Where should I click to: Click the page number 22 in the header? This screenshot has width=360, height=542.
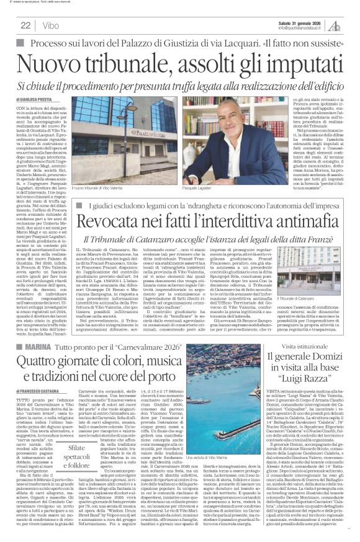[x=25, y=26]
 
